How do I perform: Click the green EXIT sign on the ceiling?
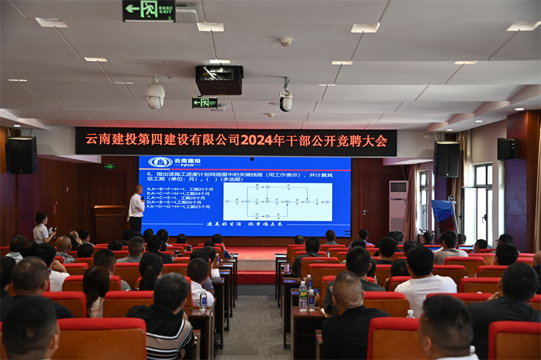point(149,10)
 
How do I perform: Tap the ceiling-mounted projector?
point(219,80)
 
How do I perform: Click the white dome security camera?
point(155,95)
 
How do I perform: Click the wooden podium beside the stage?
point(109,223)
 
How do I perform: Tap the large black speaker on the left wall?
point(22,155)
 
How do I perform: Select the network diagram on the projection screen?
point(278,201)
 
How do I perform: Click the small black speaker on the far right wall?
point(507,149)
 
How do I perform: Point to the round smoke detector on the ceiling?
point(286,41)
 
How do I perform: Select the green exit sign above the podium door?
point(109,166)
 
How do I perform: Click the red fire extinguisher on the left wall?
point(55,208)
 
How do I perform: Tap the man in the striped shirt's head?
point(172,290)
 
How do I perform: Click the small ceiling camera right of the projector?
point(286,101)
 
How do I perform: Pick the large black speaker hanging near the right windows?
point(447,159)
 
